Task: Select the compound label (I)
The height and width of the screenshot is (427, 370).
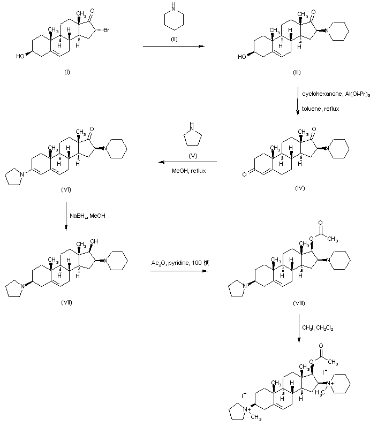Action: [x=66, y=72]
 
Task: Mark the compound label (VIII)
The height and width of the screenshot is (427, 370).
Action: [x=299, y=303]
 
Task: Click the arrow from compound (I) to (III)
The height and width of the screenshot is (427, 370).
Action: [x=173, y=47]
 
